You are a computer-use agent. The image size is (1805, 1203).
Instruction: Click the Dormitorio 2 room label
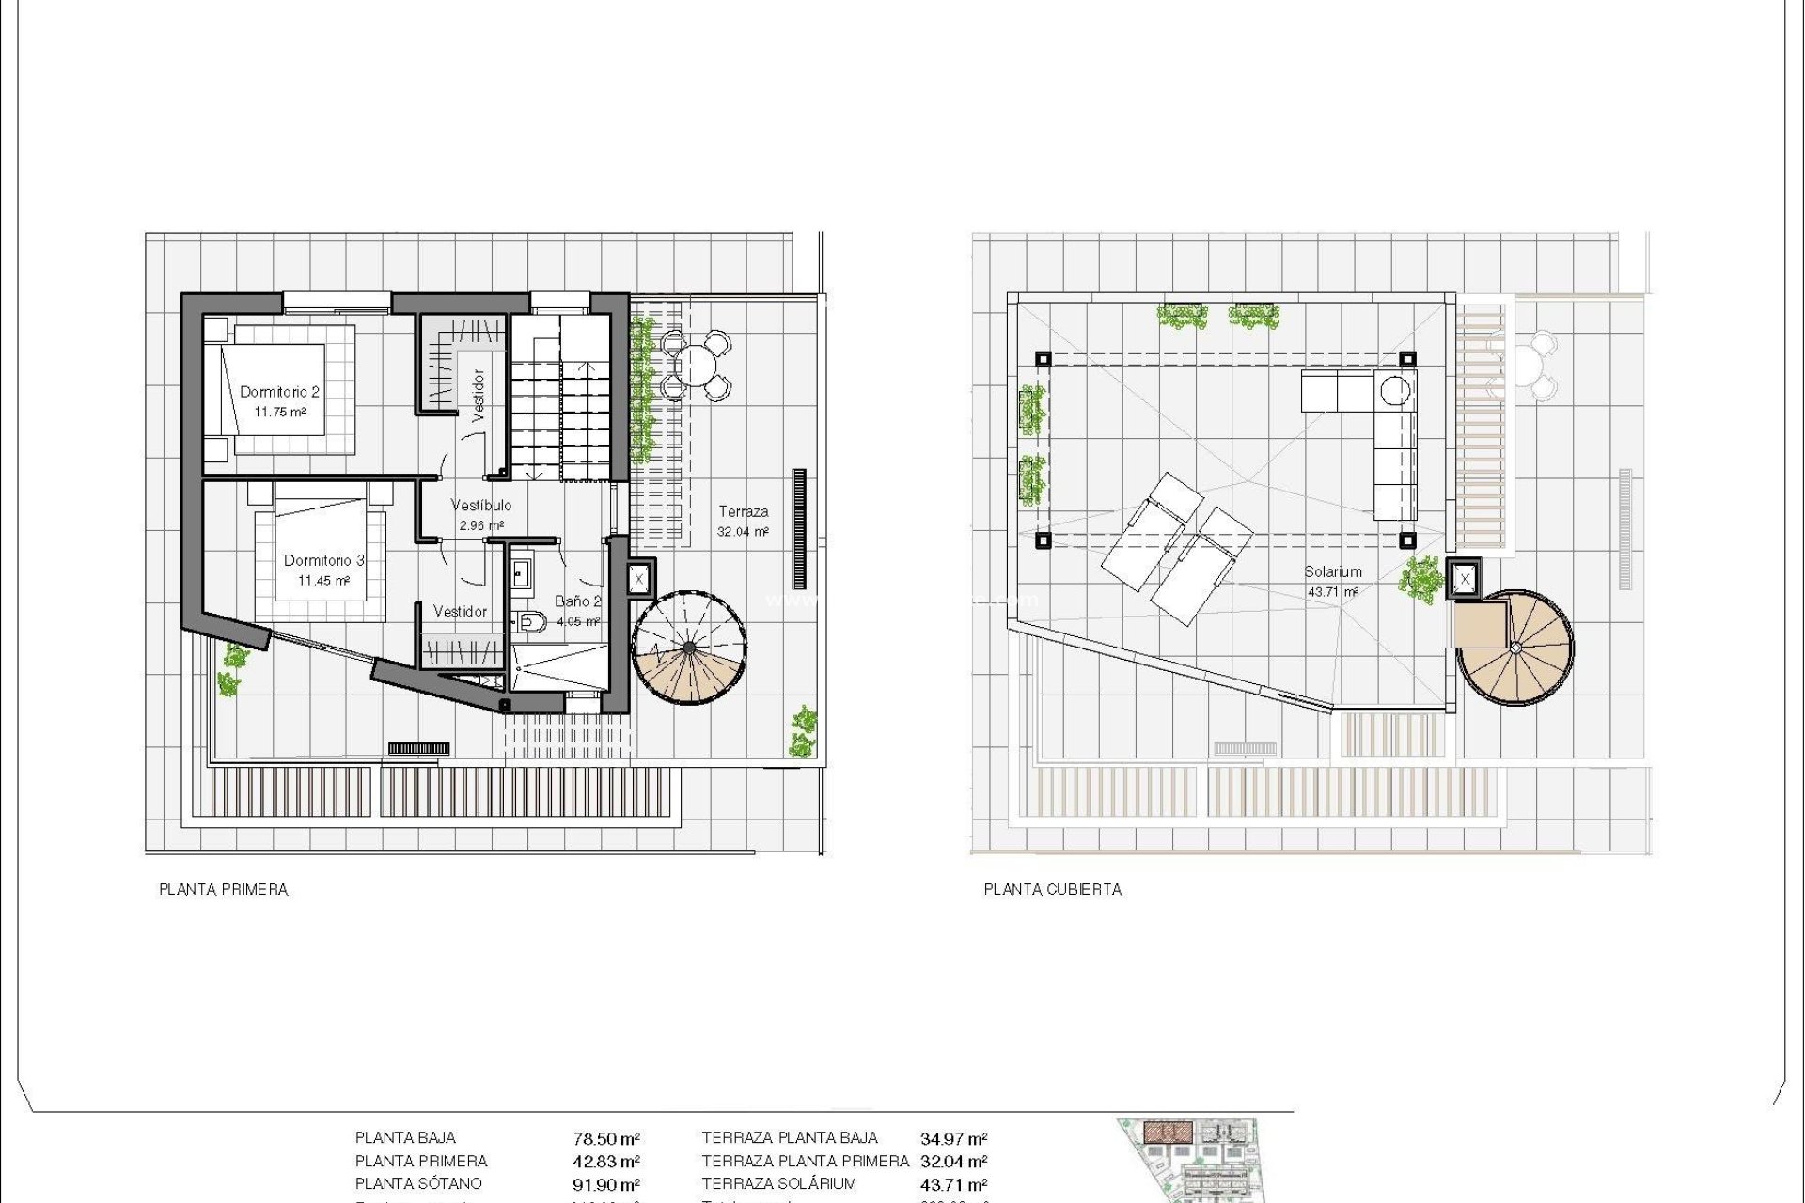pyautogui.click(x=279, y=392)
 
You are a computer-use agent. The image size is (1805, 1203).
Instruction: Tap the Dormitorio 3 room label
pyautogui.click(x=323, y=560)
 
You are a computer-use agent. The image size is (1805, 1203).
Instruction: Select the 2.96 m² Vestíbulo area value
pyautogui.click(x=481, y=525)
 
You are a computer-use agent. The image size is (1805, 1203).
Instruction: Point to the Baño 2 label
pyautogui.click(x=577, y=601)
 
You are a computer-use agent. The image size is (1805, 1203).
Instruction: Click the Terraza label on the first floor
pyautogui.click(x=743, y=512)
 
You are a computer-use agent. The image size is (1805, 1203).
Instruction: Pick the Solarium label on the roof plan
pyautogui.click(x=1332, y=571)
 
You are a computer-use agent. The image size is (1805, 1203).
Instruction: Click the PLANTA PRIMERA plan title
pyautogui.click(x=223, y=889)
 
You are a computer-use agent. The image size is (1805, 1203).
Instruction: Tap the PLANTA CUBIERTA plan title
pyautogui.click(x=1052, y=889)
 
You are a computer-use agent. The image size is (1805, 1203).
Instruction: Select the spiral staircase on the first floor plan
pyautogui.click(x=690, y=648)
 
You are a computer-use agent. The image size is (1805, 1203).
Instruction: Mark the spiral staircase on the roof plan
pyautogui.click(x=1515, y=648)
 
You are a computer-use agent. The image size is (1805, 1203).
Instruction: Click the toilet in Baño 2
pyautogui.click(x=531, y=620)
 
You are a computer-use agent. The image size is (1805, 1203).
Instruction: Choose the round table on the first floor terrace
pyautogui.click(x=696, y=364)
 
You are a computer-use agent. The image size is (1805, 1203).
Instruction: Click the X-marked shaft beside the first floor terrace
pyautogui.click(x=639, y=579)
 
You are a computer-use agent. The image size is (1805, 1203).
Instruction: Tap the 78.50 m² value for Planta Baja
pyautogui.click(x=606, y=1139)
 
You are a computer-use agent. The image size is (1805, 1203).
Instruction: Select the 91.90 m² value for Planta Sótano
pyautogui.click(x=606, y=1185)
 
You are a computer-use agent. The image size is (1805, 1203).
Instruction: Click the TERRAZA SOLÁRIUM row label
pyautogui.click(x=778, y=1184)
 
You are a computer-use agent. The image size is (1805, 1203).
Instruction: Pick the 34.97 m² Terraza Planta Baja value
pyautogui.click(x=953, y=1139)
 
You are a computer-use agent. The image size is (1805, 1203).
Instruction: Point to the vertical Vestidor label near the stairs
pyautogui.click(x=478, y=395)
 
